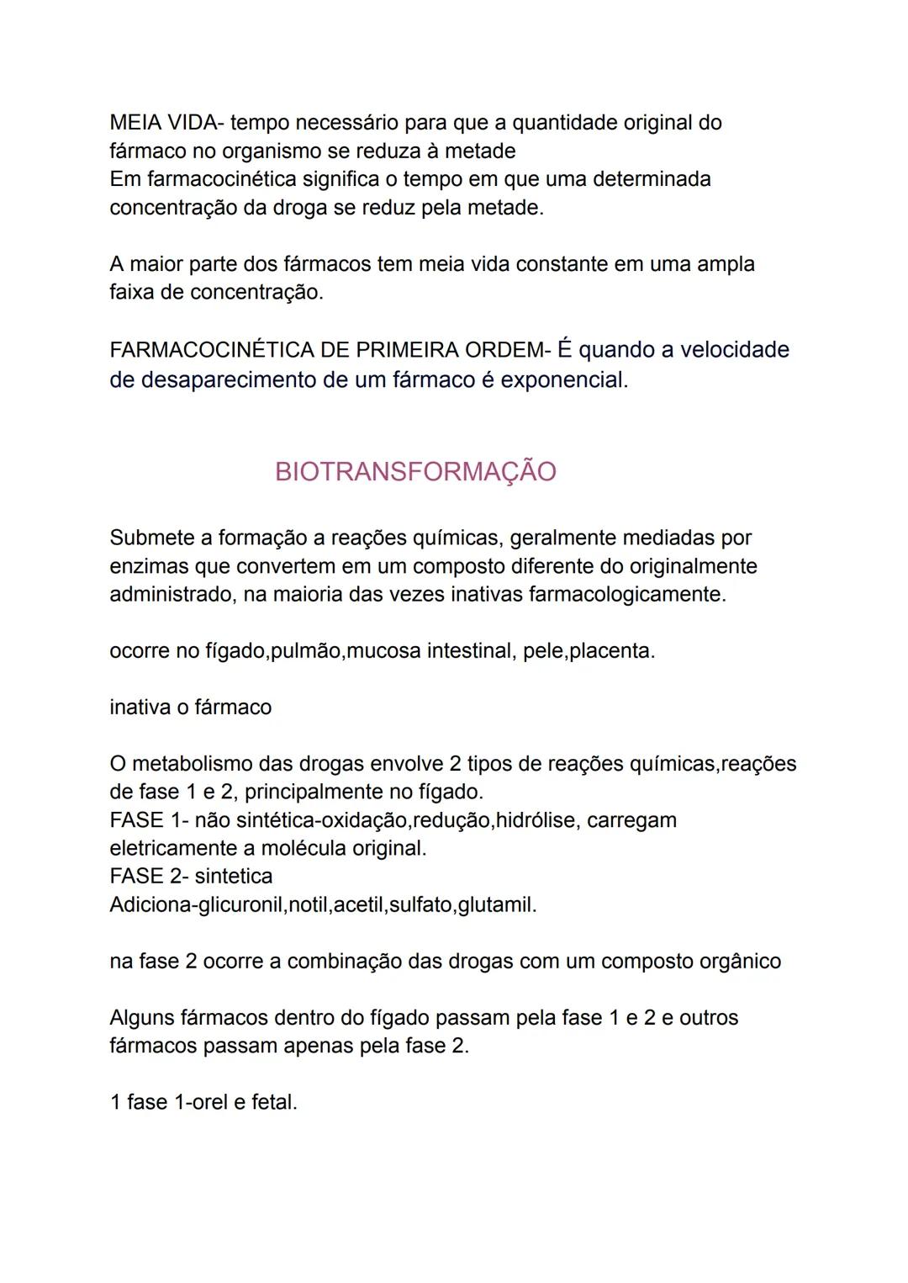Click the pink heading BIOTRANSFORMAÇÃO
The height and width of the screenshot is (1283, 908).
pyautogui.click(x=415, y=471)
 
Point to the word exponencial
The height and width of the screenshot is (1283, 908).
pyautogui.click(x=564, y=379)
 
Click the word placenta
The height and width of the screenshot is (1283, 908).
pyautogui.click(x=611, y=650)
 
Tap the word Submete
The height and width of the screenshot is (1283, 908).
pyautogui.click(x=160, y=538)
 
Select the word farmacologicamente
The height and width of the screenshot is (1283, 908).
pyautogui.click(x=627, y=594)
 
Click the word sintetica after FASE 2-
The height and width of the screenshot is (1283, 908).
pyautogui.click(x=234, y=876)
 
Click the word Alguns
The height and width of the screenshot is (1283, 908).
pyautogui.click(x=141, y=1017)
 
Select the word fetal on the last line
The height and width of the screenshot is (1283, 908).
pyautogui.click(x=274, y=1101)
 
